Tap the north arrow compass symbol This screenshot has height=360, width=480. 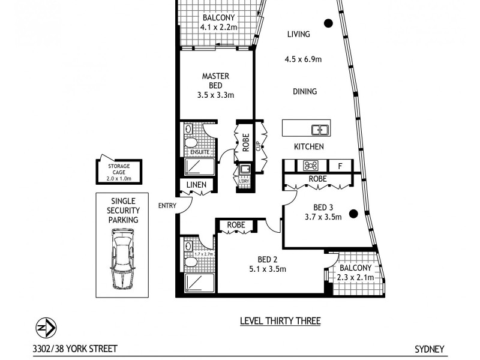(47, 328)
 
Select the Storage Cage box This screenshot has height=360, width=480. (119, 171)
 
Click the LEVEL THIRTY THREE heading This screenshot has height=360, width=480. (280, 321)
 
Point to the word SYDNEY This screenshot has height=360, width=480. (428, 349)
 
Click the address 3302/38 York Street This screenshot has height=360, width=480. (75, 349)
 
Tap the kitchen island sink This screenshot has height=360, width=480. (320, 129)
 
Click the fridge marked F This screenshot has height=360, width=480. (340, 166)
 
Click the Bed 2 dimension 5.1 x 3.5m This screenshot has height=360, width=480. (268, 269)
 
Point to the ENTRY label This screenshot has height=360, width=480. (167, 206)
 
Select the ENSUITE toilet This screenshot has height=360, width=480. (191, 143)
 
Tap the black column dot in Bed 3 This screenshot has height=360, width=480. (353, 212)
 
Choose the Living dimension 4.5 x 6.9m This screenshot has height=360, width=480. (303, 59)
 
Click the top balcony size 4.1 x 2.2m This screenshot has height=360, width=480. (218, 27)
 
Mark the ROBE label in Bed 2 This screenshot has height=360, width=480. (235, 226)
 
